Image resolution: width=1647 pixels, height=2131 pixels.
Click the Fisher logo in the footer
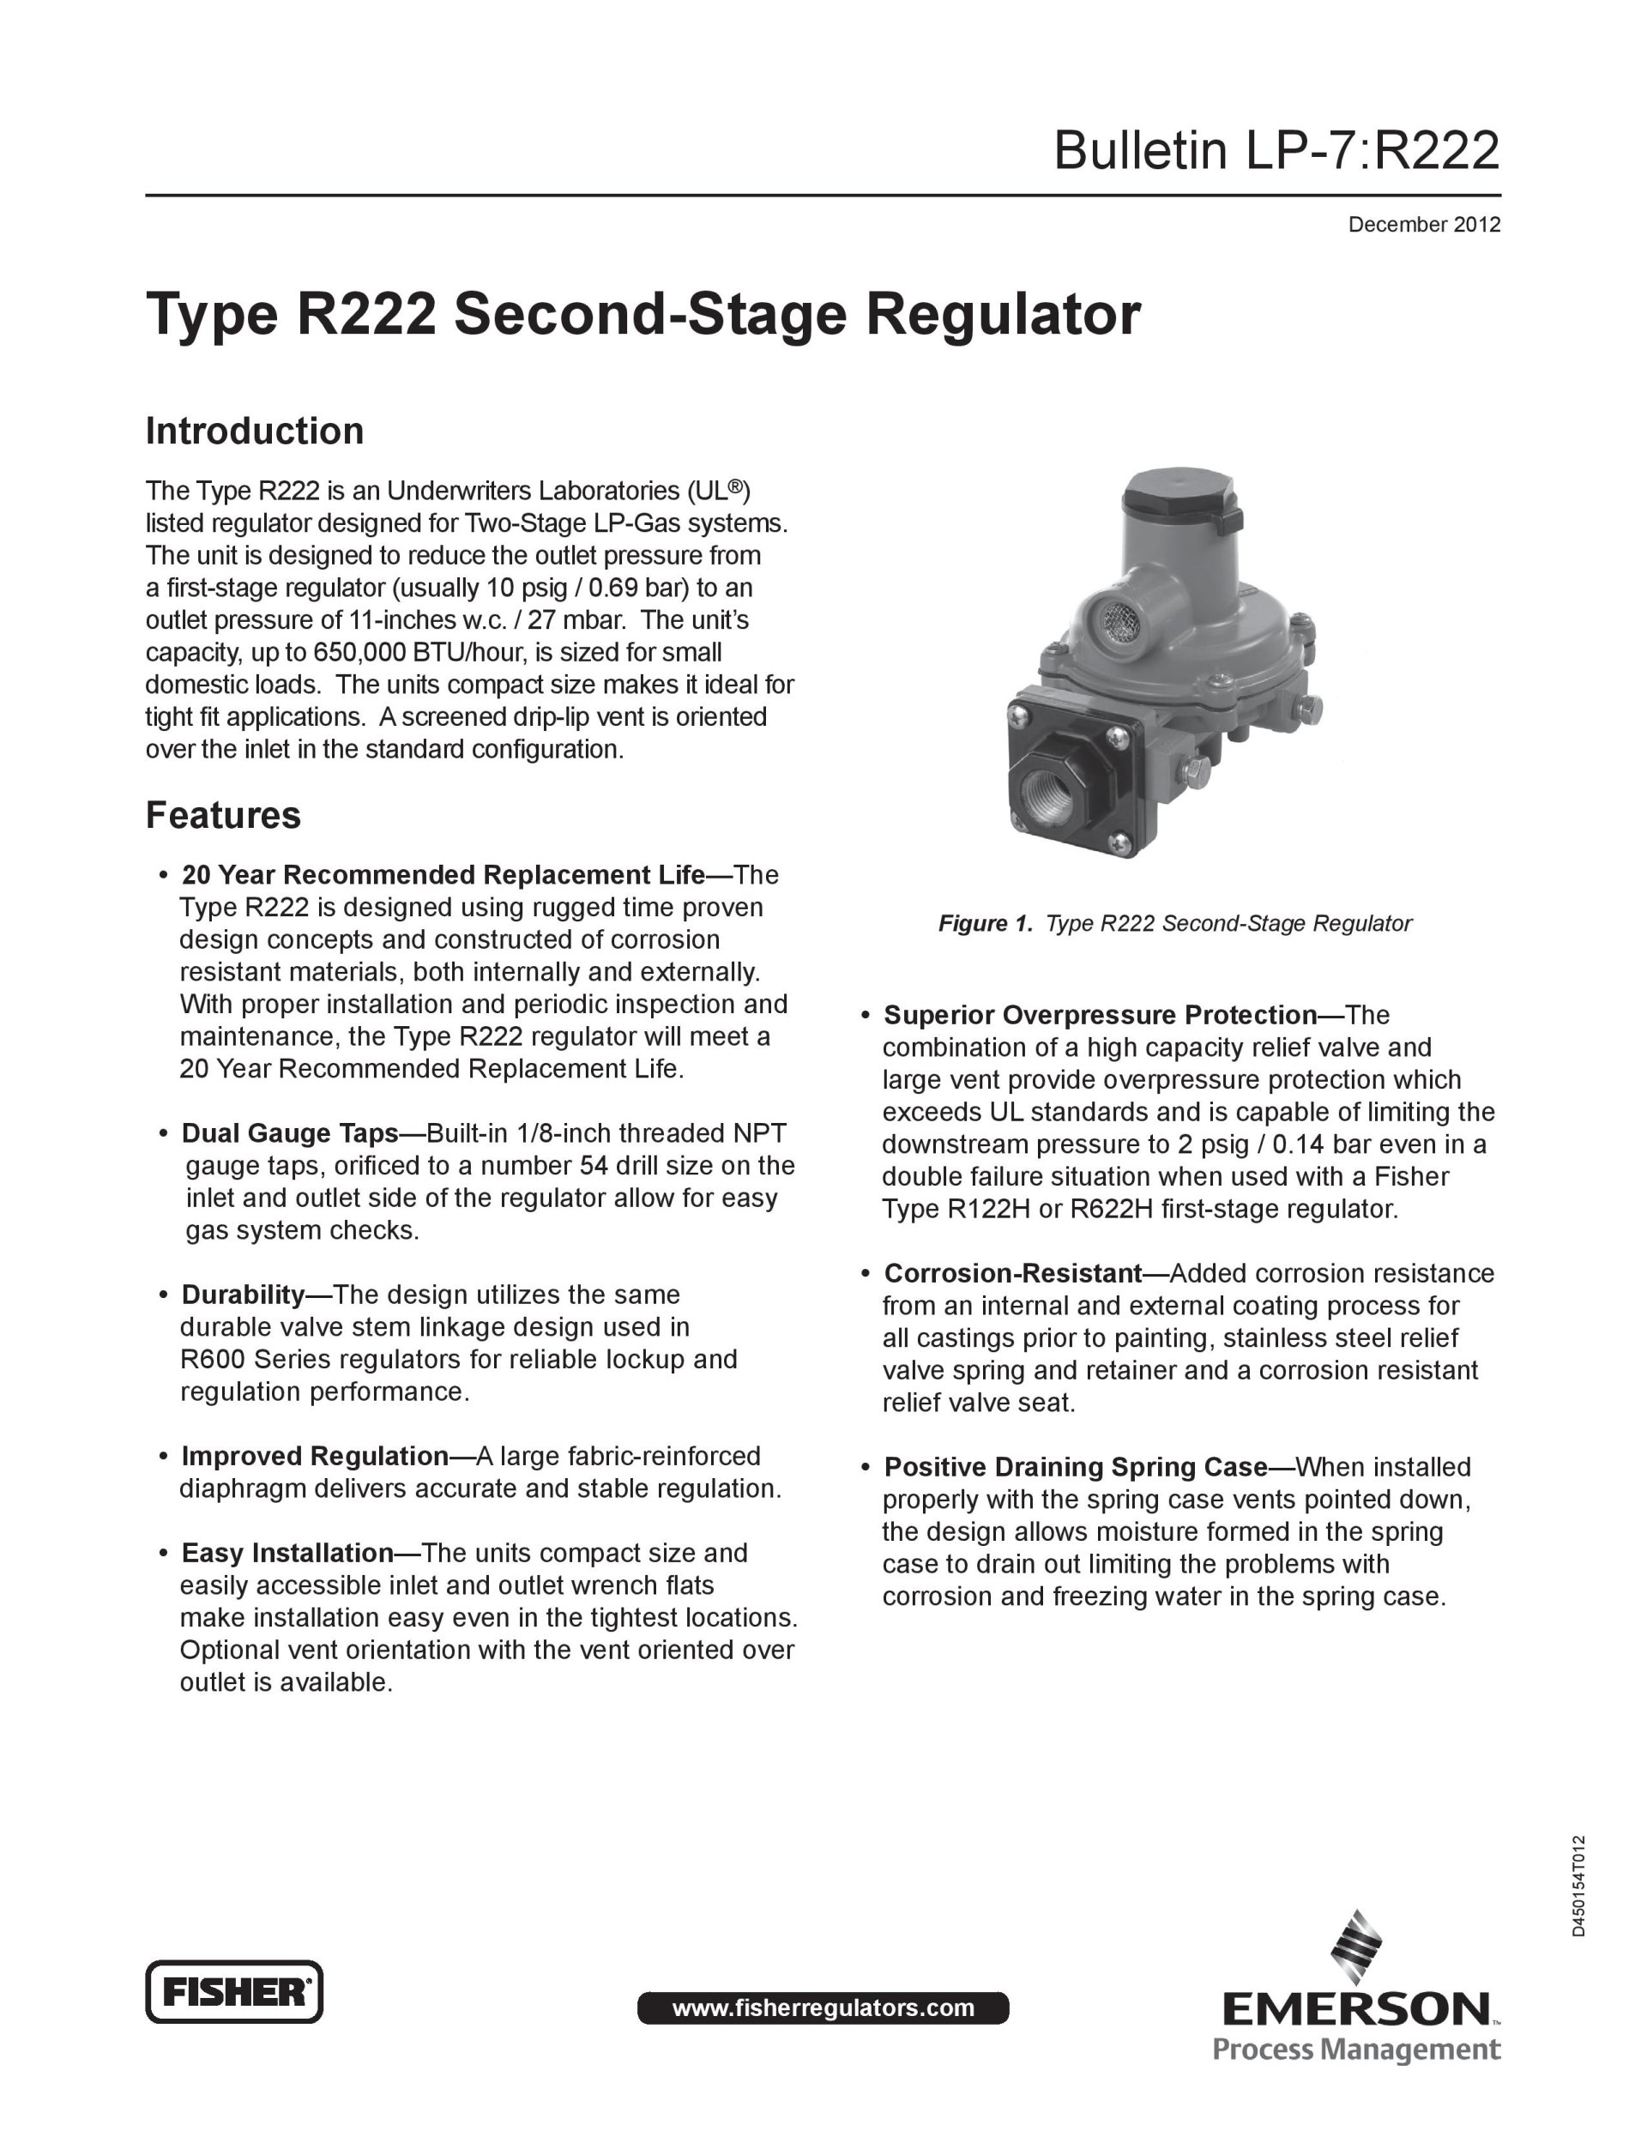tap(234, 1990)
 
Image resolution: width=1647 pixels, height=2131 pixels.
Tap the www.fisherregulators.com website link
tap(823, 2007)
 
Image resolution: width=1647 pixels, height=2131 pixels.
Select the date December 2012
tap(1424, 226)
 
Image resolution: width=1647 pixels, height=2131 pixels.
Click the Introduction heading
tap(255, 432)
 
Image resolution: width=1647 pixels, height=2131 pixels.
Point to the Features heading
tap(223, 816)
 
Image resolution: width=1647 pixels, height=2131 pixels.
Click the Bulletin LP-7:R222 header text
tap(1276, 152)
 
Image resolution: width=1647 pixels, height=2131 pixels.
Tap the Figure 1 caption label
tap(985, 923)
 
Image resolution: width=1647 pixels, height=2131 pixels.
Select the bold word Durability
tap(243, 1295)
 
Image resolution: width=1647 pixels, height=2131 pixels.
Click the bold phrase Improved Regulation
tap(314, 1457)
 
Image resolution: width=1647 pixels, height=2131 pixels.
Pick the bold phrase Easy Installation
tap(287, 1554)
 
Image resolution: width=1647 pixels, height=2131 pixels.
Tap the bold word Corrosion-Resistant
tap(1013, 1273)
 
